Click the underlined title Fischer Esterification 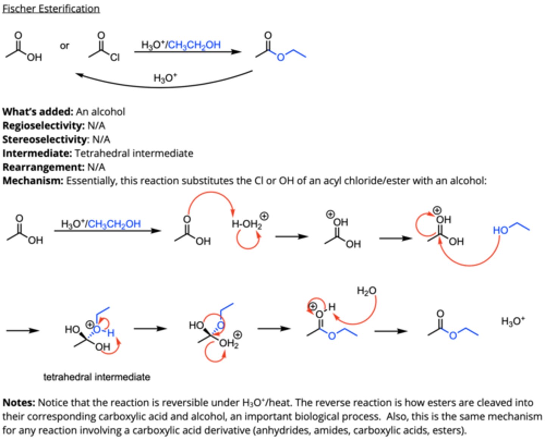click(x=51, y=8)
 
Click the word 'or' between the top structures click(x=64, y=46)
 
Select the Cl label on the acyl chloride click(x=115, y=58)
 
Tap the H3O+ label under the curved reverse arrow click(x=165, y=78)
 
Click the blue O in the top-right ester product click(x=280, y=58)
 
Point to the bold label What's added click(x=37, y=112)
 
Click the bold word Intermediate click(x=37, y=153)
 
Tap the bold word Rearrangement click(x=43, y=167)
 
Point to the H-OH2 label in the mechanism click(x=246, y=224)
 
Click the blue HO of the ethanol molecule click(x=500, y=230)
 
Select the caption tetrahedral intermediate click(x=97, y=377)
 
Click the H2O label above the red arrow click(x=366, y=291)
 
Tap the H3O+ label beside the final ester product click(x=513, y=321)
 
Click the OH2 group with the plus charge click(x=229, y=344)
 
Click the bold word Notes click(x=19, y=403)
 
